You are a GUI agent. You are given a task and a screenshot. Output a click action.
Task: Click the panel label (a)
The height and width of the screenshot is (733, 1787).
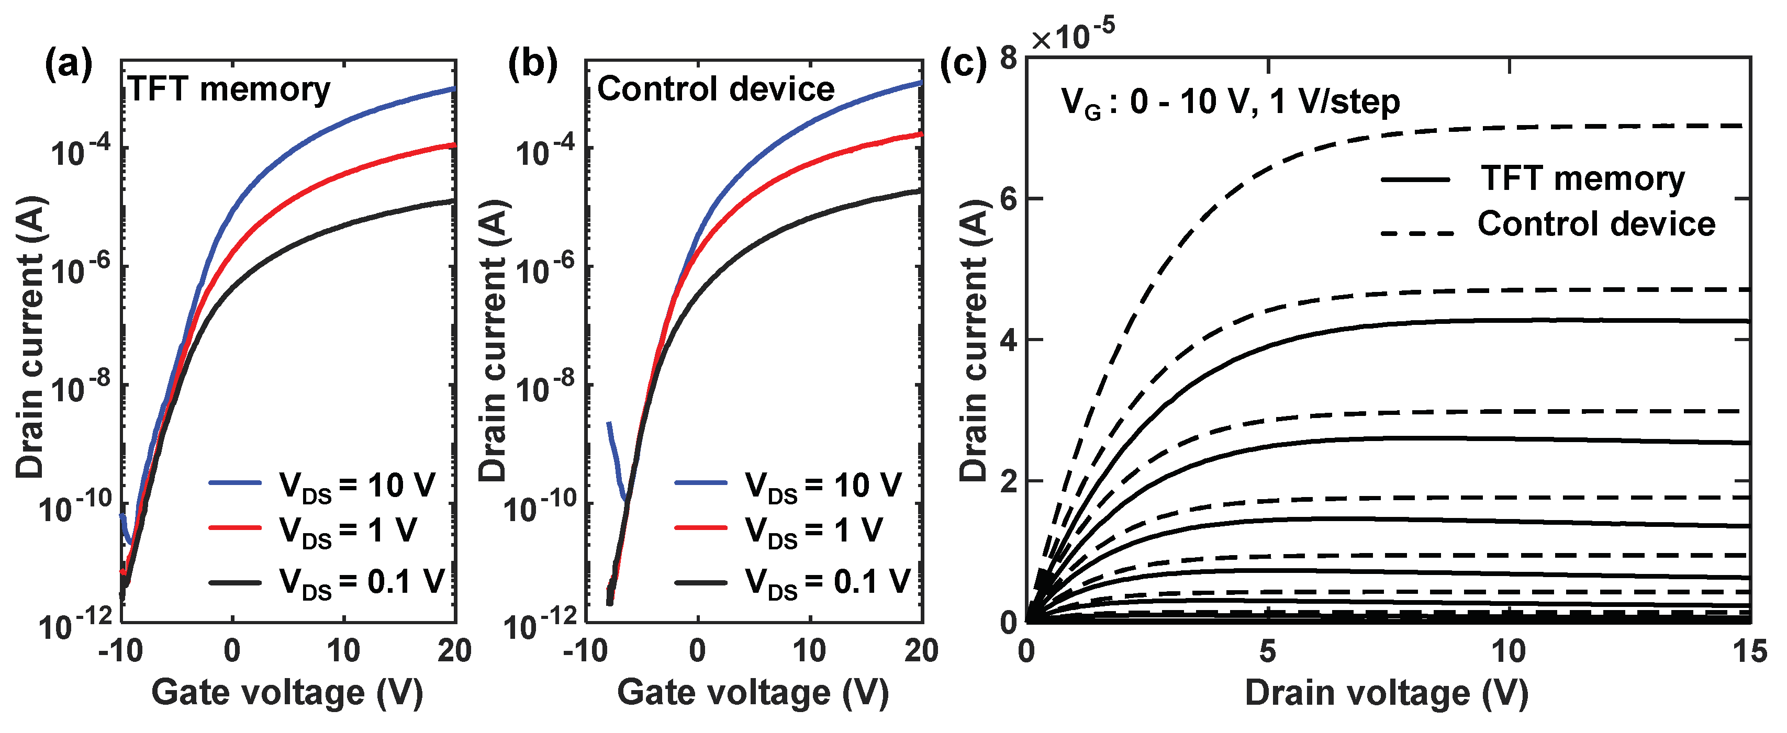pos(68,66)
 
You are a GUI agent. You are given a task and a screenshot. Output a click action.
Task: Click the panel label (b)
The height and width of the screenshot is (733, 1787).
pos(533,66)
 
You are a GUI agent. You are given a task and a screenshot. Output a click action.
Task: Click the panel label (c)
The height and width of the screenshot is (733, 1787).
pos(963,66)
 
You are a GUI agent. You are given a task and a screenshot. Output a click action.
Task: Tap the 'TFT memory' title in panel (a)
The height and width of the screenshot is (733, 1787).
pos(229,89)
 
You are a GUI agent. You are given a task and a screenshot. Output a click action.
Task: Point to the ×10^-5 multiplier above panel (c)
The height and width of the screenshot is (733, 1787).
pos(1073,36)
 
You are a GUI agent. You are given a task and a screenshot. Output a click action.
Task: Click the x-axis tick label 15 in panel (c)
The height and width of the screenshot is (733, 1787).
pos(1748,652)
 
